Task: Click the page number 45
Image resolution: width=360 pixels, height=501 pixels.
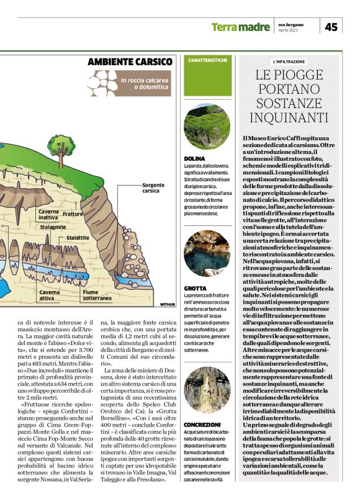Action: (x=331, y=27)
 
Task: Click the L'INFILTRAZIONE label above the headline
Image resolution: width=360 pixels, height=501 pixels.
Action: (x=289, y=61)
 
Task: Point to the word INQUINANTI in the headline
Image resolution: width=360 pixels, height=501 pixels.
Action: (x=289, y=117)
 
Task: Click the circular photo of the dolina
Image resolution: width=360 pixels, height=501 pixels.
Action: (x=207, y=126)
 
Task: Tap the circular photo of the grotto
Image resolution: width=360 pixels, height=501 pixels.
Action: (x=207, y=253)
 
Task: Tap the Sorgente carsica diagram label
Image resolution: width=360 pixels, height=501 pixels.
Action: (x=153, y=188)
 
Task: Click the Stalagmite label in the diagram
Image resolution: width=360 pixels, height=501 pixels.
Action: (x=53, y=228)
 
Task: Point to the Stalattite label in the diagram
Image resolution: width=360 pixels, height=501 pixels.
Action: (x=77, y=238)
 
